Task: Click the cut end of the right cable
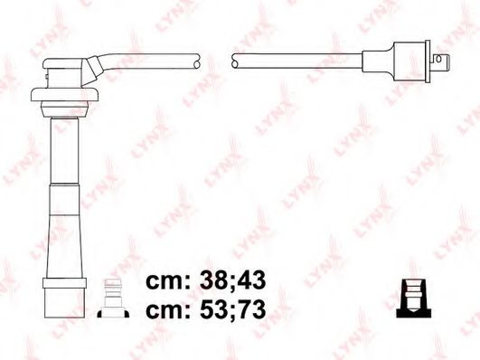[234, 61]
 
